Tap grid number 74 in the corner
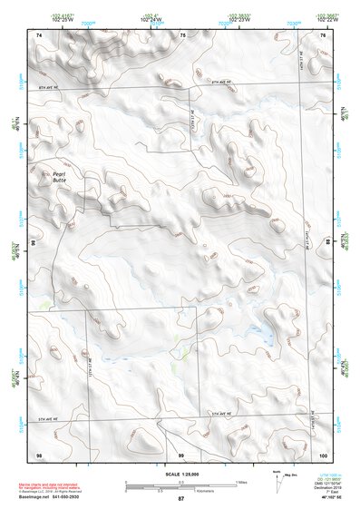click(39, 34)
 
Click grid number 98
click(39, 454)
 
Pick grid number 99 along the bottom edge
click(180, 454)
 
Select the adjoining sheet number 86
click(34, 244)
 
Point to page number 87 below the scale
click(180, 499)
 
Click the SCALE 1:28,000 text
click(180, 474)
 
